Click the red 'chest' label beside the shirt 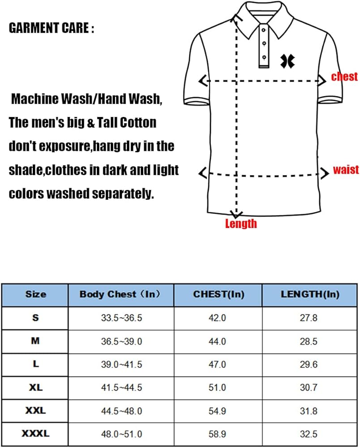[x=344, y=77]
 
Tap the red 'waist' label [x=346, y=170]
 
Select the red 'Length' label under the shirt [x=241, y=223]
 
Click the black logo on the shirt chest [x=287, y=61]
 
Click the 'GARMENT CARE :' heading [x=52, y=29]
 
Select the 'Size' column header [x=36, y=294]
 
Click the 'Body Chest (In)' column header [x=120, y=294]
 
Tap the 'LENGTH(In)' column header [x=310, y=294]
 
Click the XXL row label [x=36, y=410]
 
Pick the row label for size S [x=36, y=318]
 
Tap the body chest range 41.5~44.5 [x=121, y=388]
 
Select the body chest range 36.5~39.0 [x=121, y=341]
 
